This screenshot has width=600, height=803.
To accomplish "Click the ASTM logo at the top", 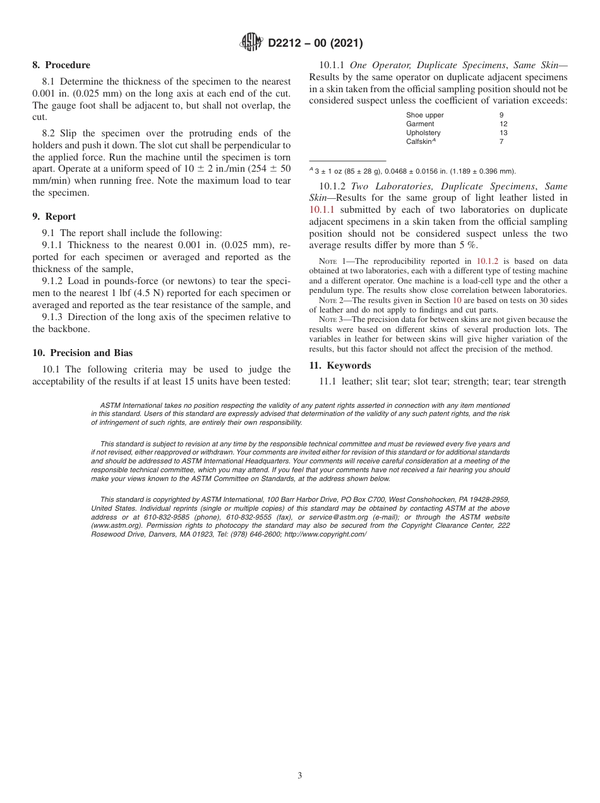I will [252, 43].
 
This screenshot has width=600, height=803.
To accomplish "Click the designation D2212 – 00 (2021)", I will [315, 44].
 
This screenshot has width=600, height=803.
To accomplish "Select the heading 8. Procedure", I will [61, 65].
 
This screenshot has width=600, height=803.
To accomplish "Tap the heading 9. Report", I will [54, 217].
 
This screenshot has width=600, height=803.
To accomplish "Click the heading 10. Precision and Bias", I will [83, 353].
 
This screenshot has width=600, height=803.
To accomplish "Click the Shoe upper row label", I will [424, 115].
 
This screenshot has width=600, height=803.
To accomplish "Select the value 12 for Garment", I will [503, 124].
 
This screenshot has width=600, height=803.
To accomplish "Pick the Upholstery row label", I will [423, 133].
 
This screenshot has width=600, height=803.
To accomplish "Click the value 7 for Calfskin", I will [501, 141].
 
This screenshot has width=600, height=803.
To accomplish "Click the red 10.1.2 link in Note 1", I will [487, 261].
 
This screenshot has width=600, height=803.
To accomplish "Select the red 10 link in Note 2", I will [457, 300].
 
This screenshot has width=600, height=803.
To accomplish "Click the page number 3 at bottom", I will [300, 776].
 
